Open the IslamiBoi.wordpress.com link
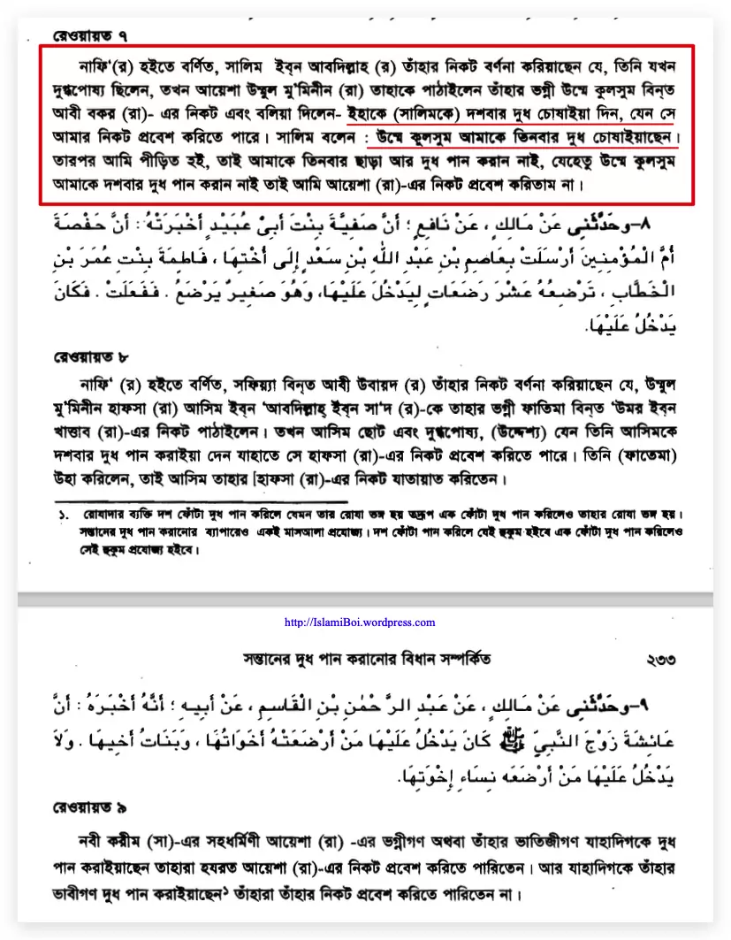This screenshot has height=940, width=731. coord(360,622)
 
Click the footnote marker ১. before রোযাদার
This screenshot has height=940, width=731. coord(64,514)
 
